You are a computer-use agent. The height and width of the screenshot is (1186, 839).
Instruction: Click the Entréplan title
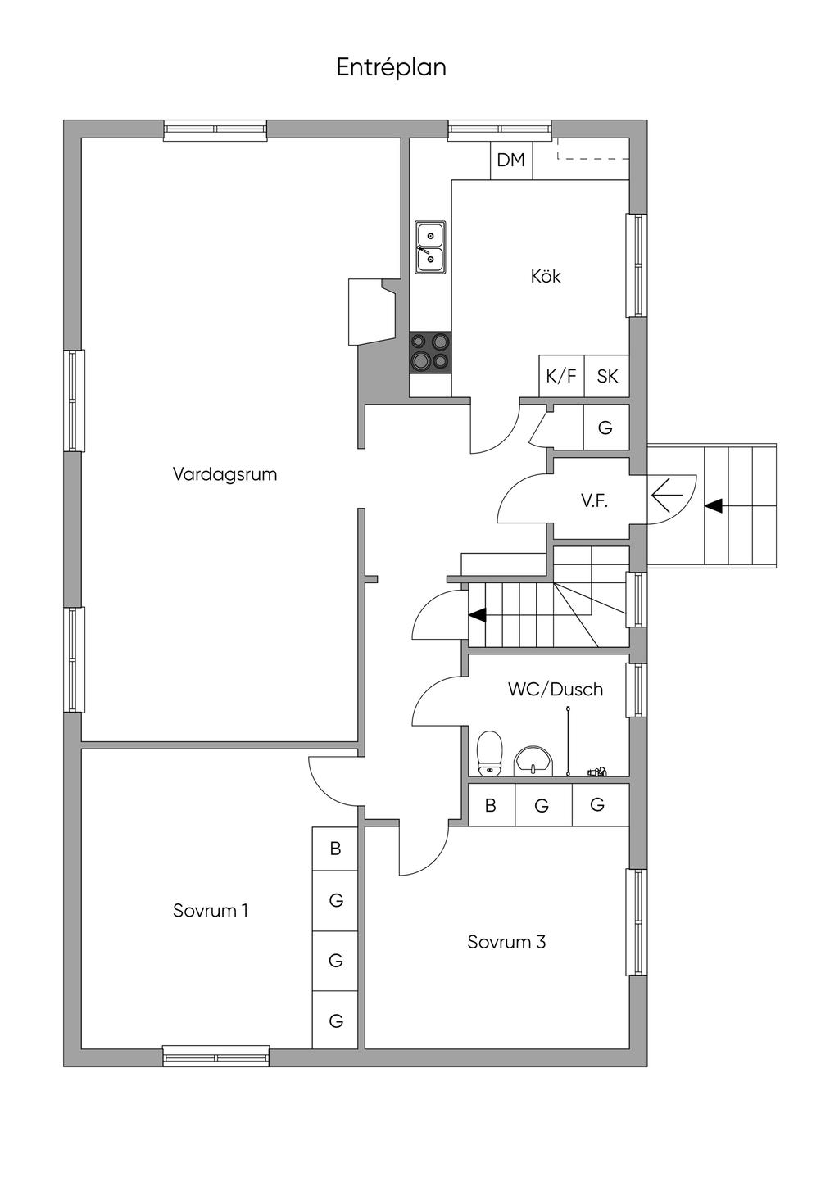pyautogui.click(x=391, y=67)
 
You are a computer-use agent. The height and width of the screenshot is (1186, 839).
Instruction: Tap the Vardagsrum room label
pyautogui.click(x=224, y=474)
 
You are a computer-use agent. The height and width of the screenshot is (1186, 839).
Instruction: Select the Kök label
pyautogui.click(x=546, y=277)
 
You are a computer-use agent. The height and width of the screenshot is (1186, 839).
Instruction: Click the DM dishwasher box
pyautogui.click(x=511, y=160)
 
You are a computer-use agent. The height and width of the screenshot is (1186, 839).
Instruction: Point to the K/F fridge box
pyautogui.click(x=561, y=377)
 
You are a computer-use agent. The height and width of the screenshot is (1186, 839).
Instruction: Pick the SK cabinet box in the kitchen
pyautogui.click(x=607, y=377)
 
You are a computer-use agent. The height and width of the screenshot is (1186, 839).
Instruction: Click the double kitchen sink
pyautogui.click(x=430, y=247)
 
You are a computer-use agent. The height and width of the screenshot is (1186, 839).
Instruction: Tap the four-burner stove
pyautogui.click(x=430, y=351)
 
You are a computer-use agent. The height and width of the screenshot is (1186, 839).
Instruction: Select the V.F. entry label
pyautogui.click(x=595, y=501)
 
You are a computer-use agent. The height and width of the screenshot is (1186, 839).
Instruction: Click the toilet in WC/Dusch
pyautogui.click(x=489, y=751)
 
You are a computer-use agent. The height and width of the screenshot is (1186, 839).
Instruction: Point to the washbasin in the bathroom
pyautogui.click(x=533, y=760)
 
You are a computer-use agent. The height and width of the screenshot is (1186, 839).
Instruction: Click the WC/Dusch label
pyautogui.click(x=556, y=690)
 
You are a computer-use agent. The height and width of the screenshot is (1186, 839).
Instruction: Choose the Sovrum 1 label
pyautogui.click(x=211, y=911)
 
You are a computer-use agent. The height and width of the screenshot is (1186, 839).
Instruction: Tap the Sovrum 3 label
pyautogui.click(x=506, y=942)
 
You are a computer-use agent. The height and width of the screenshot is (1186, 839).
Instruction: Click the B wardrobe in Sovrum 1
pyautogui.click(x=335, y=849)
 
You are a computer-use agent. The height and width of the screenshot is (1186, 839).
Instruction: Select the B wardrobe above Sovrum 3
pyautogui.click(x=491, y=805)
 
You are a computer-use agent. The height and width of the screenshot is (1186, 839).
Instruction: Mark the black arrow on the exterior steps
pyautogui.click(x=713, y=506)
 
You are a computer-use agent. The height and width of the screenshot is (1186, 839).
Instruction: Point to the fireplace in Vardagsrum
pyautogui.click(x=370, y=312)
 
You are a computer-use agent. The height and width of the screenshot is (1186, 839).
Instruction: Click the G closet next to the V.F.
pyautogui.click(x=605, y=428)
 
